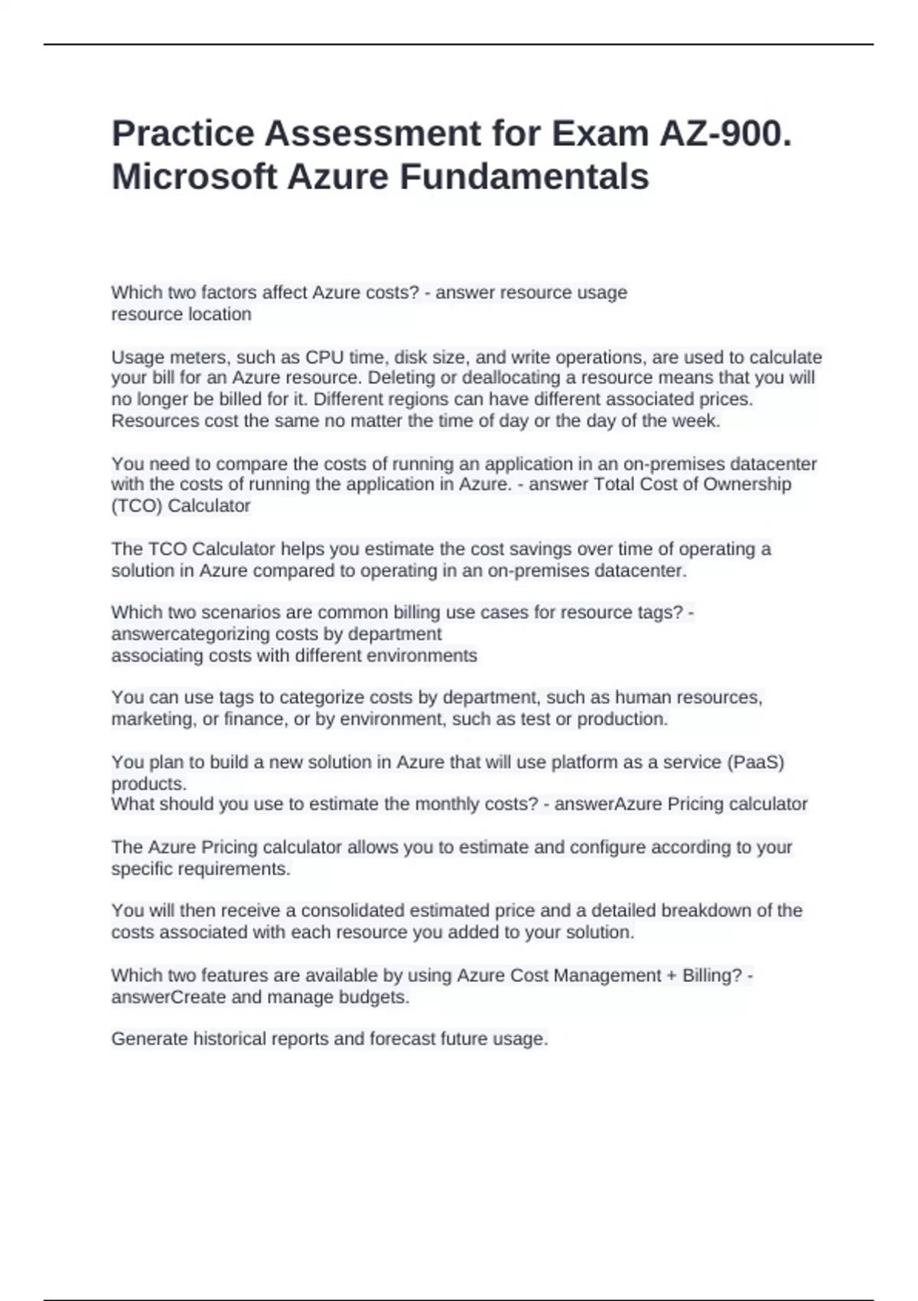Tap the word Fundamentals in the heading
point(524,177)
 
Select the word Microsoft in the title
point(194,177)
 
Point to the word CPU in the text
point(324,357)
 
